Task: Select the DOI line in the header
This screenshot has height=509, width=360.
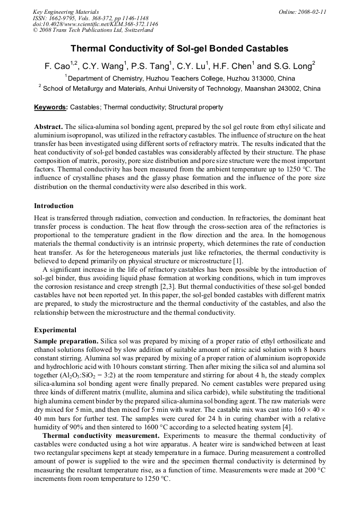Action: [95, 24]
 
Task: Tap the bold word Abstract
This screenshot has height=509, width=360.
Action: [48, 127]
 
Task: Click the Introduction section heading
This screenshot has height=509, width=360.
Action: [54, 205]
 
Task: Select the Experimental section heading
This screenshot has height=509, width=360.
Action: [55, 330]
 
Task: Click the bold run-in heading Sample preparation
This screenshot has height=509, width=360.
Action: [66, 341]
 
